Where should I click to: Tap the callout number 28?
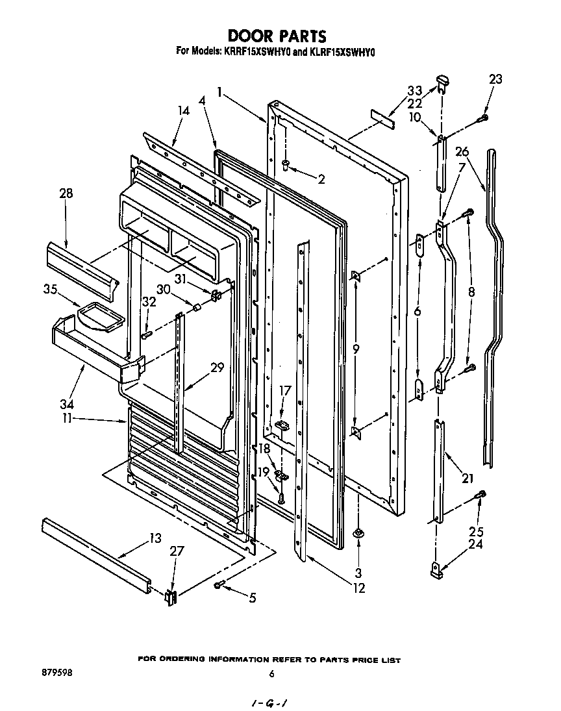click(x=66, y=193)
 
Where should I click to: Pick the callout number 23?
click(x=495, y=80)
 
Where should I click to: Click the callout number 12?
click(x=358, y=588)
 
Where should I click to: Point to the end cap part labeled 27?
click(x=171, y=597)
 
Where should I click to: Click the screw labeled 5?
click(x=219, y=585)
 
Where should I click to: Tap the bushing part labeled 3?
click(x=358, y=533)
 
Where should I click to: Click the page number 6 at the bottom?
click(x=271, y=674)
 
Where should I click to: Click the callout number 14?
click(x=184, y=111)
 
